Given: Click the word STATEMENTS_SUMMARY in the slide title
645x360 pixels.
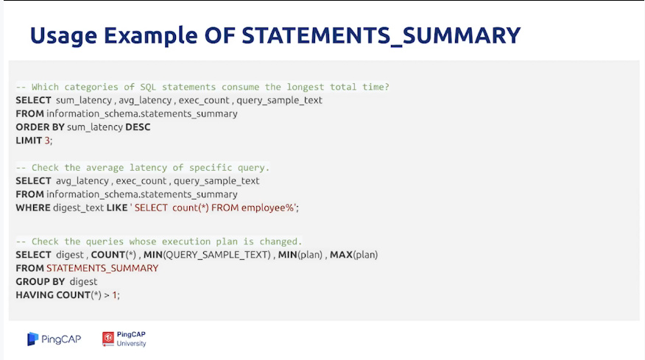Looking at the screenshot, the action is pyautogui.click(x=381, y=36).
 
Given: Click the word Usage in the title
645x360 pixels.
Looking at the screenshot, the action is pyautogui.click(x=63, y=36).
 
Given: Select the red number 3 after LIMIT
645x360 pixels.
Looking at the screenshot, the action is pyautogui.click(x=47, y=141).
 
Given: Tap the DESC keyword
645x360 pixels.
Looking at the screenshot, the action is pyautogui.click(x=138, y=127).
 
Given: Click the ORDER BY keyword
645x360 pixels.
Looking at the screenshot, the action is pyautogui.click(x=40, y=127).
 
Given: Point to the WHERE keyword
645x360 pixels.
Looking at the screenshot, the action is pyautogui.click(x=33, y=208).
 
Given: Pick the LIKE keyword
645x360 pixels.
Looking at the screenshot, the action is pyautogui.click(x=117, y=208).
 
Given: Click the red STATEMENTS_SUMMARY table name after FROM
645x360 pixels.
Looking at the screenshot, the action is pyautogui.click(x=102, y=268).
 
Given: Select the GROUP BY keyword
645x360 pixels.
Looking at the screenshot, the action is pyautogui.click(x=40, y=281).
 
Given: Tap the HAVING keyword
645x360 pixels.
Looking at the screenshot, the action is pyautogui.click(x=35, y=294).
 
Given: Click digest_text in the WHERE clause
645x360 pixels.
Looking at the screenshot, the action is pyautogui.click(x=78, y=208).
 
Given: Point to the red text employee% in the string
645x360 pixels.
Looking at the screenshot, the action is pyautogui.click(x=267, y=208).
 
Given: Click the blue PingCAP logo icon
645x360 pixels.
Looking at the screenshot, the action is pyautogui.click(x=33, y=339).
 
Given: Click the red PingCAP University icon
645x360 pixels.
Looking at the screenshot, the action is pyautogui.click(x=108, y=339).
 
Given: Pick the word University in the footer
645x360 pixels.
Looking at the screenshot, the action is pyautogui.click(x=131, y=344).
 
